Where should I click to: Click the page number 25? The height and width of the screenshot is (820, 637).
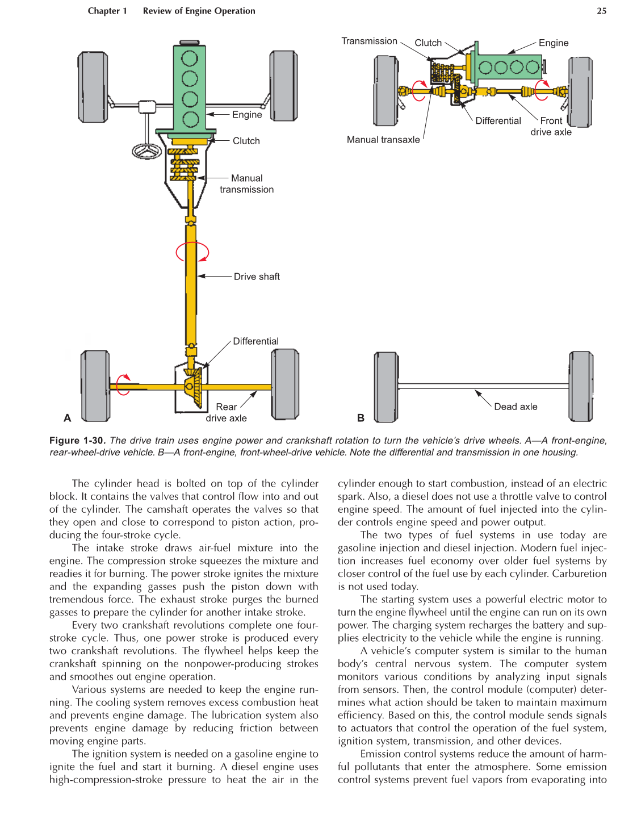click(601, 11)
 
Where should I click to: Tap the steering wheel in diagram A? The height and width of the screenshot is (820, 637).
click(147, 151)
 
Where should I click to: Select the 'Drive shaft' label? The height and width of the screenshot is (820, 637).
click(257, 277)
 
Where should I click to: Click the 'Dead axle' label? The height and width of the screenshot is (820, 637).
click(515, 407)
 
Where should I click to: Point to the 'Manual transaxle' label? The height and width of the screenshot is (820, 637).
click(383, 140)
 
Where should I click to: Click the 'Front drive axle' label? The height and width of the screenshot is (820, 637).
click(551, 127)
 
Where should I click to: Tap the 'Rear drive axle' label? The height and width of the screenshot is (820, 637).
click(226, 413)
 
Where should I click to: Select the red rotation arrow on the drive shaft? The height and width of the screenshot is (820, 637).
click(192, 252)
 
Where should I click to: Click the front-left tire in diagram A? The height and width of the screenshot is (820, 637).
click(93, 87)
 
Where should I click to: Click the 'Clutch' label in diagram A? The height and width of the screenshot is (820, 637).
click(246, 141)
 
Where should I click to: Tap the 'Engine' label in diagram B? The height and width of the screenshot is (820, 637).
click(553, 43)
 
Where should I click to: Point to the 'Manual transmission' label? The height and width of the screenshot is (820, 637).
click(247, 184)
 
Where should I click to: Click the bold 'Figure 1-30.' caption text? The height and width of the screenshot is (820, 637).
click(78, 441)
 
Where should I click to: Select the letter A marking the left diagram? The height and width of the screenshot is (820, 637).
click(68, 418)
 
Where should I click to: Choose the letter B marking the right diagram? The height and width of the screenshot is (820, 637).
click(361, 418)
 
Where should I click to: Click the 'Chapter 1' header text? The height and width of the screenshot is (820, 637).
click(107, 11)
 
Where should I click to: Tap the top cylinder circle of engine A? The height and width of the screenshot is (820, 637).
click(189, 58)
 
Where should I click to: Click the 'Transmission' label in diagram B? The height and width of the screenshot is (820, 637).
click(369, 41)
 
